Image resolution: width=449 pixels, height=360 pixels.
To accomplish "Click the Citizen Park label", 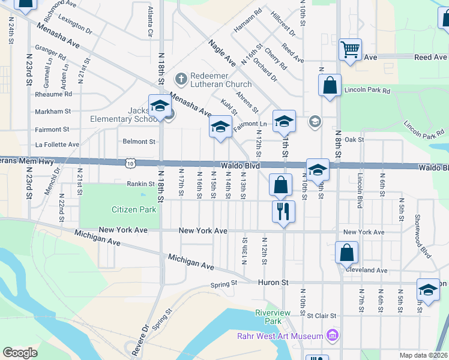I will coord(134,209).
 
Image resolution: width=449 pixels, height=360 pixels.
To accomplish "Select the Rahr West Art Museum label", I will coord(280,336).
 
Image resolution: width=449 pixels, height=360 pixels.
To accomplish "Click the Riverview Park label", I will coord(273,317).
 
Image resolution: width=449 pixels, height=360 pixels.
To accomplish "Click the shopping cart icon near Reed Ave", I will coord(350,49).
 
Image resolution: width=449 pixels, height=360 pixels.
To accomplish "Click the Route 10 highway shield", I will coord(130,163).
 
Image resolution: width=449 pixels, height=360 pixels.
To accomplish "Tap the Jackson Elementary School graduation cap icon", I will coord(160,106).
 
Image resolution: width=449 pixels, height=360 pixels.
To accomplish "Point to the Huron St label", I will coord(274,282).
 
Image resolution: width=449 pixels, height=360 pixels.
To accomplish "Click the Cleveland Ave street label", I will coord(366,271).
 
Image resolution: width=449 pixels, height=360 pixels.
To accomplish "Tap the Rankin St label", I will coord(141,184).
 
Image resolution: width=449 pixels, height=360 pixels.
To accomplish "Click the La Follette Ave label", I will coord(58,145).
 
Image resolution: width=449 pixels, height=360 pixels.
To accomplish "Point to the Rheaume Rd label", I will coord(53,94).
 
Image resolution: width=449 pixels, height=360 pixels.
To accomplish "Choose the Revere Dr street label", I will coord(145,338).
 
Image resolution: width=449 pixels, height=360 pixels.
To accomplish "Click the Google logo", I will coord(20,353).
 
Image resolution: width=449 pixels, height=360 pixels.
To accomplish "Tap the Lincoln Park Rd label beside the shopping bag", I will coord(367,91).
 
